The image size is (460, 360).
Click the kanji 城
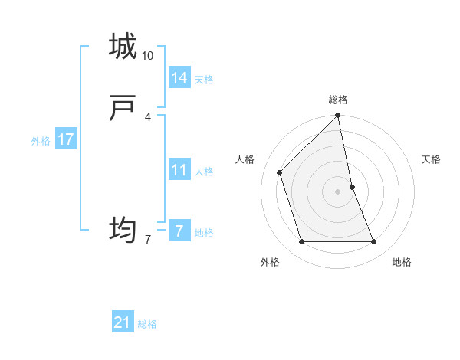[x=123, y=47]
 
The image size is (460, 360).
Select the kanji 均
[x=123, y=229]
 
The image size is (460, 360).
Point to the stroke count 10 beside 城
[x=148, y=56]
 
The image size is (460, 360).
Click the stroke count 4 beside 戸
[x=147, y=116]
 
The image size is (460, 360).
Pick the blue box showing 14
[x=179, y=78]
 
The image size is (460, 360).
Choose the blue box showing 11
[x=179, y=170]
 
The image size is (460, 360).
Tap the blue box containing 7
[x=179, y=231]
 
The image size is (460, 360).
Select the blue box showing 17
[x=66, y=139]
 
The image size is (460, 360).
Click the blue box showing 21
[x=123, y=322]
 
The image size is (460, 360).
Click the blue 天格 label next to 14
[x=204, y=80]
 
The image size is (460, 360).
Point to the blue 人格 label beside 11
[x=204, y=172]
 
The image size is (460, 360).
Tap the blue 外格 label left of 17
[x=41, y=141]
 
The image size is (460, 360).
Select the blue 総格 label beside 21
[x=147, y=324]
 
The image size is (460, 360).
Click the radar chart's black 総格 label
[x=338, y=100]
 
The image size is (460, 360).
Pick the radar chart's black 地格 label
[x=402, y=262]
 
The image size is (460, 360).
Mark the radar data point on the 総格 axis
[x=338, y=116]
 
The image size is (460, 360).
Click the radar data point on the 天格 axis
[x=352, y=187]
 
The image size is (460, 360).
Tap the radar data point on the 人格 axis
[x=280, y=172]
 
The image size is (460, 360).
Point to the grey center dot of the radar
[x=338, y=191]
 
